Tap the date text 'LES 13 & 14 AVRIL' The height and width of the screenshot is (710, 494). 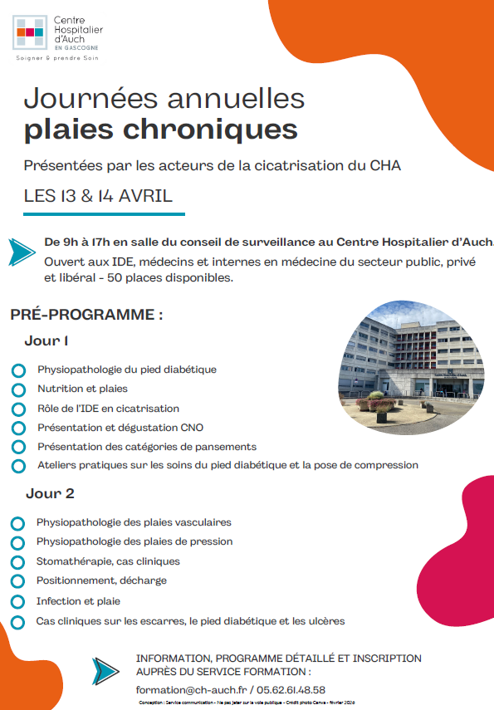(98, 196)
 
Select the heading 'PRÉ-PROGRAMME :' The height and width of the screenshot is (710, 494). (86, 315)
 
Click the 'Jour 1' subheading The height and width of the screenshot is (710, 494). (46, 340)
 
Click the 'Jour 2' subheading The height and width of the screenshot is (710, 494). (50, 493)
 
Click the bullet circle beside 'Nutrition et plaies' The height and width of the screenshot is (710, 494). (18, 389)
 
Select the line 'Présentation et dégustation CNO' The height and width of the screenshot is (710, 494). (120, 428)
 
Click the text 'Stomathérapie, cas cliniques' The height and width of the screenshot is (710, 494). (108, 561)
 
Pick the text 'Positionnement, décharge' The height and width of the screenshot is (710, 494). (101, 580)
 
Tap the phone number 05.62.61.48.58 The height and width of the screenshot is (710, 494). (290, 689)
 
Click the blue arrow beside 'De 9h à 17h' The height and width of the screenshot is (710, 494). (22, 251)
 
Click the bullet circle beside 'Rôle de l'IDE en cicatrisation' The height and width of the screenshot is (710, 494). (18, 409)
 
